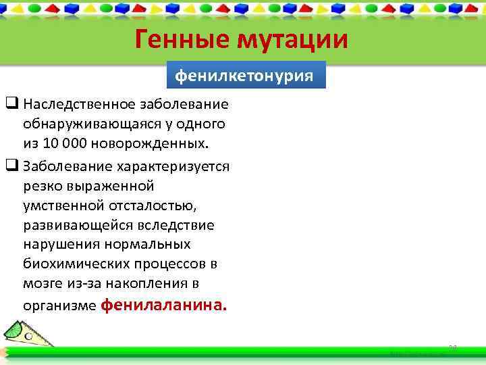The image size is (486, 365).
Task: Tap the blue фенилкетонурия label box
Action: click(244, 75)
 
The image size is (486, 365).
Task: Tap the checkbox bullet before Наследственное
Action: click(11, 105)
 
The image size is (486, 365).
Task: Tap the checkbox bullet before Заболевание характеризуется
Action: click(11, 166)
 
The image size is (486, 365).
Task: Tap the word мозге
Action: click(41, 283)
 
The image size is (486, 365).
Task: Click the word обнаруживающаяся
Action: click(84, 125)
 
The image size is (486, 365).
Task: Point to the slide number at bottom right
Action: click(453, 347)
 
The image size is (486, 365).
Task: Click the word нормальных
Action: click(153, 244)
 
